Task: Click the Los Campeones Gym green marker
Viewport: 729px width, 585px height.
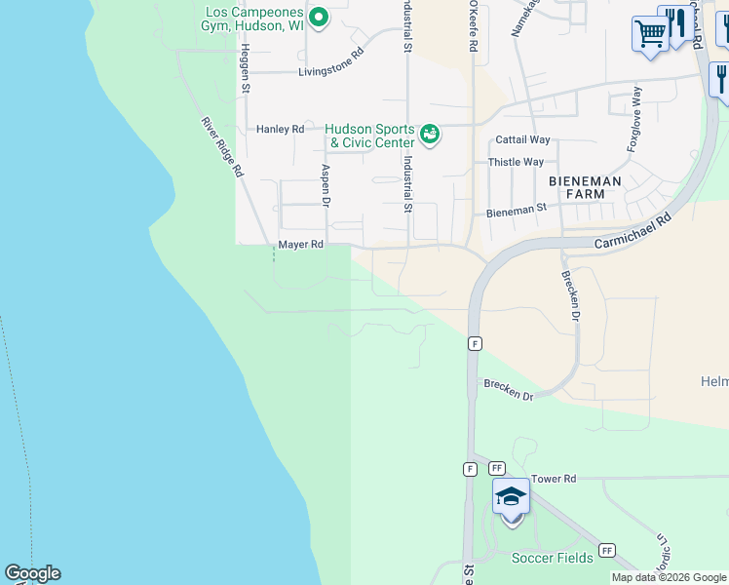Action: click(318, 17)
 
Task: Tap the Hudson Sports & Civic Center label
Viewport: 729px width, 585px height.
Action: click(369, 136)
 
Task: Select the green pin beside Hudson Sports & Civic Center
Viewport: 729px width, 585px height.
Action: click(430, 133)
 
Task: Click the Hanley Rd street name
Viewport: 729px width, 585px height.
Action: click(280, 129)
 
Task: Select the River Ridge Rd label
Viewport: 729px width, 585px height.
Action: click(221, 147)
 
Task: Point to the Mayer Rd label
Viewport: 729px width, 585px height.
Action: click(300, 245)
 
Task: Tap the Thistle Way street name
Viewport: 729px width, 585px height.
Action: click(516, 162)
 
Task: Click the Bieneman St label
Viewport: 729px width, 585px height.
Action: click(516, 211)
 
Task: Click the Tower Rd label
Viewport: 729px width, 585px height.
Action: click(555, 479)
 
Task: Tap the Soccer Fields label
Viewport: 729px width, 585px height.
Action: click(552, 558)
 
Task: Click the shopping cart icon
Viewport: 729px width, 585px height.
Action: click(650, 34)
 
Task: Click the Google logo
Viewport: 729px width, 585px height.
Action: click(32, 573)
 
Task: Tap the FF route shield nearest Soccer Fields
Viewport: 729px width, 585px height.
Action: click(606, 550)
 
